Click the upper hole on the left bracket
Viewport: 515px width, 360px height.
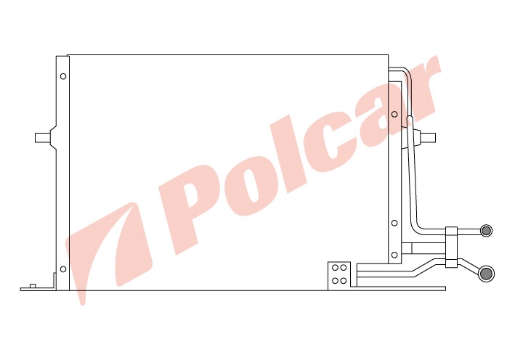point(63,76)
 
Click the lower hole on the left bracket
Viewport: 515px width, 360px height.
point(63,269)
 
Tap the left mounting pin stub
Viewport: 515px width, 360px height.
point(42,138)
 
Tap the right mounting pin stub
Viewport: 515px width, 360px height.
point(428,138)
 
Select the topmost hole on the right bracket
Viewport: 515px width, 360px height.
point(394,114)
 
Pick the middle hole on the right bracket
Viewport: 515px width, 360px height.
point(394,223)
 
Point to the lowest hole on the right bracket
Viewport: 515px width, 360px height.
point(394,255)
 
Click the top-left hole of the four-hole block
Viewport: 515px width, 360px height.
point(335,268)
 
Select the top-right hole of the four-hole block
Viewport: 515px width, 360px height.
point(344,268)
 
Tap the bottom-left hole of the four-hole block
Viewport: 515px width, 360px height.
point(335,281)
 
